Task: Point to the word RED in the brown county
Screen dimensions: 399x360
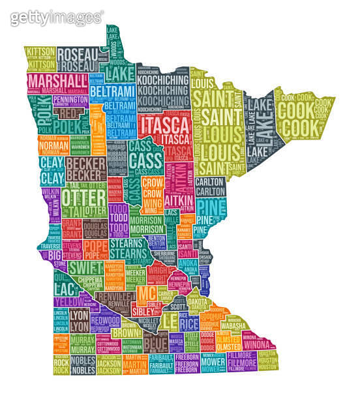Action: click(68, 113)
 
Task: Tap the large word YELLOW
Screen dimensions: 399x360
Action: click(68, 303)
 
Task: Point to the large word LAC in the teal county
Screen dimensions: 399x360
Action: click(65, 289)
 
